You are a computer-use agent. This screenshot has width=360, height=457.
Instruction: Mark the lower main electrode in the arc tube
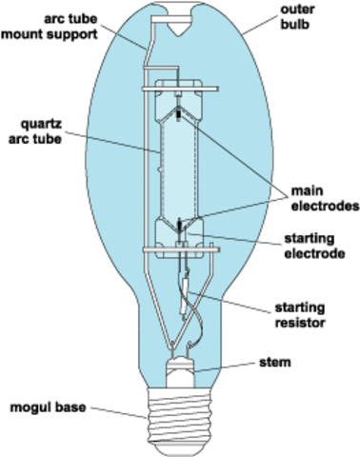click(180, 226)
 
